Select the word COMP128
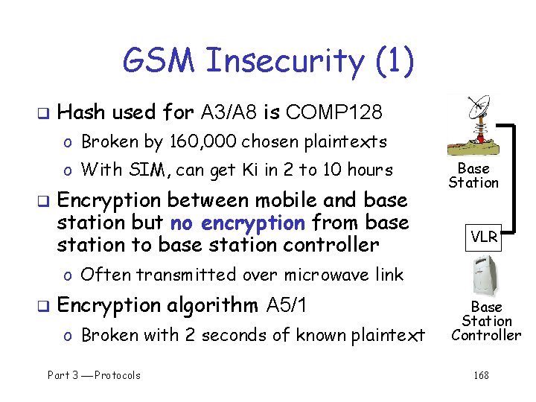pyautogui.click(x=334, y=112)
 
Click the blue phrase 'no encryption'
pyautogui.click(x=237, y=223)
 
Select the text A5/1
pyautogui.click(x=287, y=306)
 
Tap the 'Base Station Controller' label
pyautogui.click(x=486, y=321)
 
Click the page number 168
pyautogui.click(x=482, y=375)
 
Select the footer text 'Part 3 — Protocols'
pyautogui.click(x=94, y=375)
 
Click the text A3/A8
pyautogui.click(x=229, y=112)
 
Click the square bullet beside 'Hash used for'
pyautogui.click(x=42, y=113)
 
